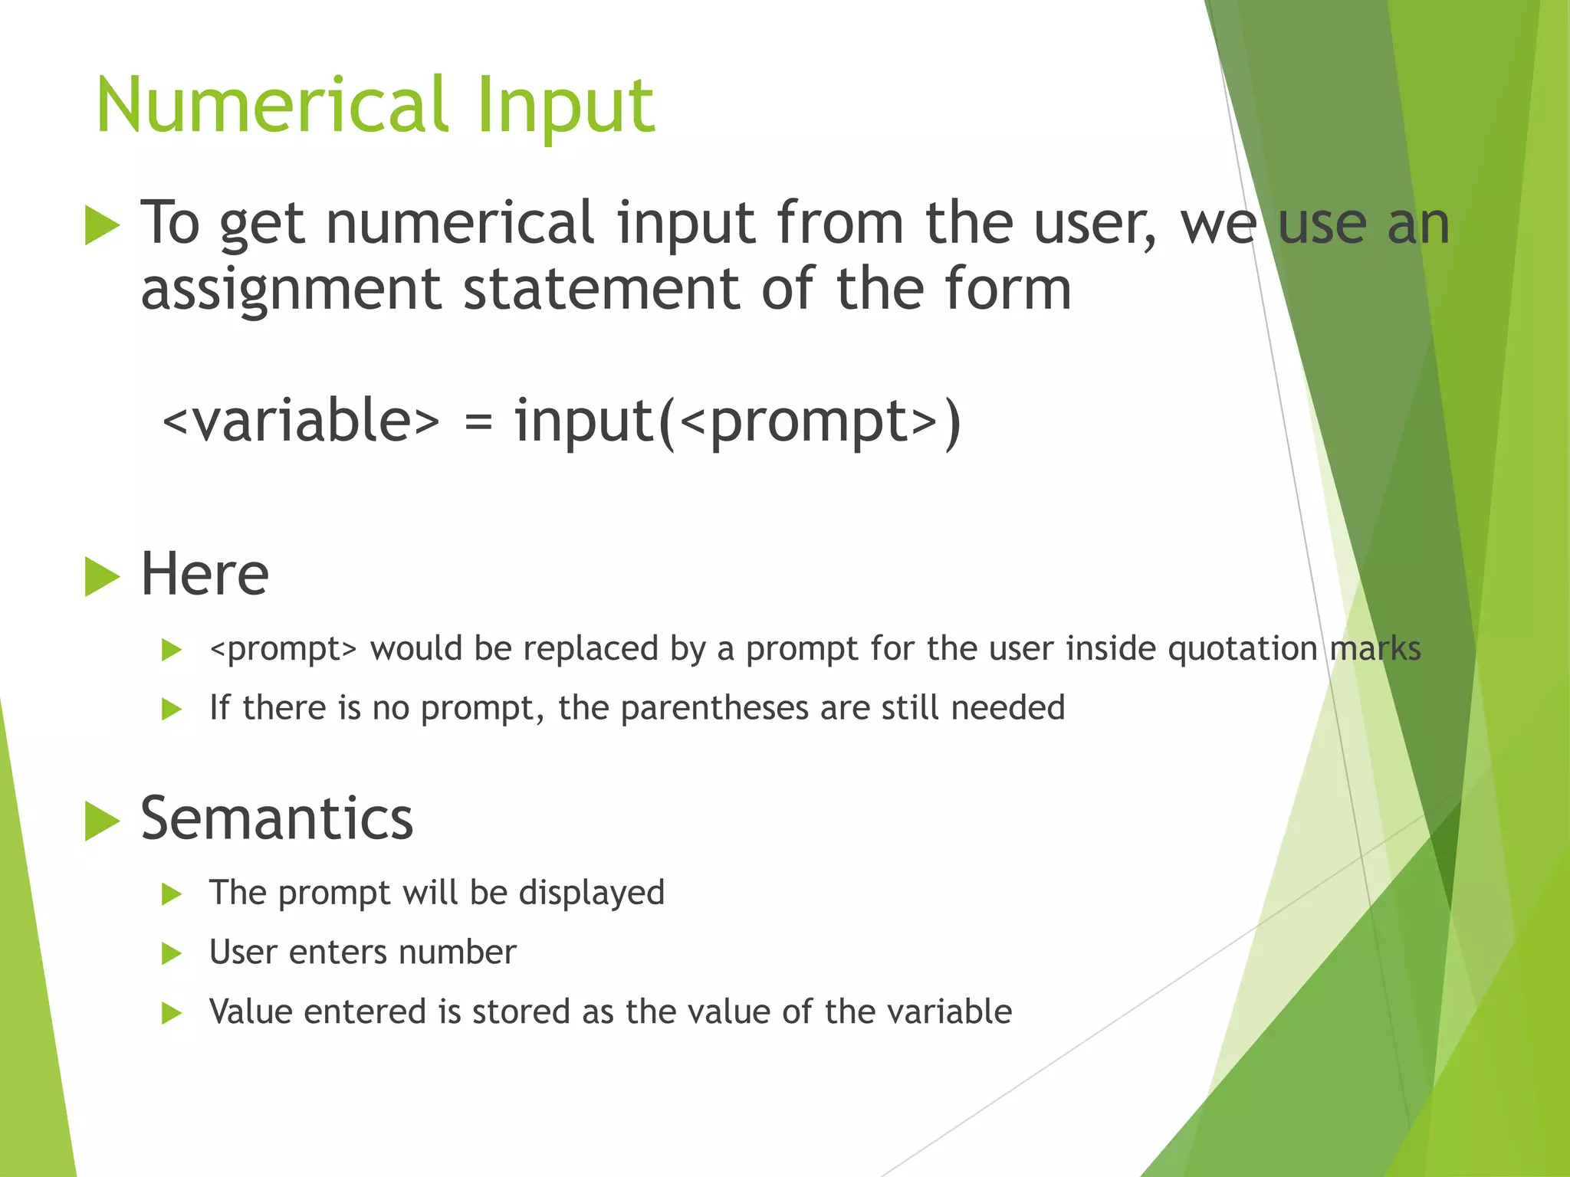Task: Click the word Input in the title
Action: (x=565, y=107)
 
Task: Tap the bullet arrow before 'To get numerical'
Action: (x=102, y=226)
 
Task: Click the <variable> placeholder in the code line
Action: (x=301, y=421)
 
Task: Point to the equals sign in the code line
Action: (x=478, y=422)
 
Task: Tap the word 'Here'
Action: (x=205, y=575)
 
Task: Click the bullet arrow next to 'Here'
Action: (x=102, y=577)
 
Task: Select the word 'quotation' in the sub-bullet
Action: (x=1242, y=649)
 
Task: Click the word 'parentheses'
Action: (x=714, y=708)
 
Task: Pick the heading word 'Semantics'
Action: (x=277, y=818)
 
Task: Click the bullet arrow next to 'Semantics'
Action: (x=102, y=821)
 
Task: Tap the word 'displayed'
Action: (x=591, y=893)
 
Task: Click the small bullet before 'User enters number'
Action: (x=172, y=954)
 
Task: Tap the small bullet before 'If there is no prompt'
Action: (x=172, y=710)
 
